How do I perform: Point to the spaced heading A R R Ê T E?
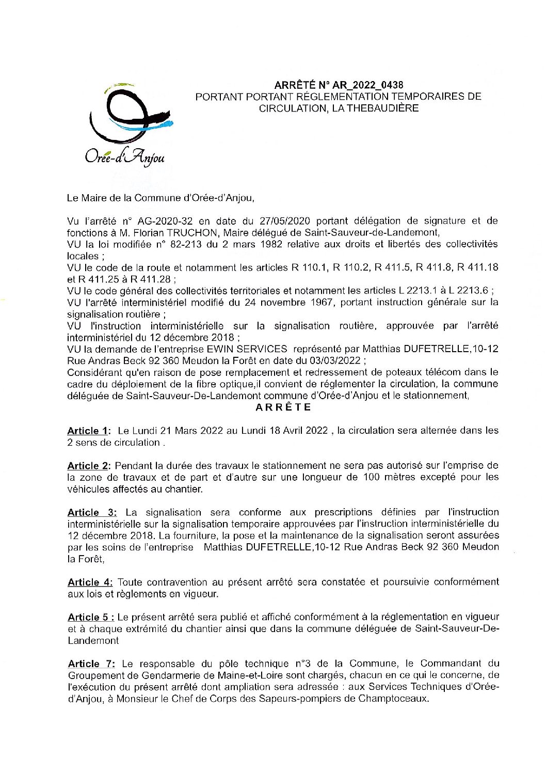(283, 407)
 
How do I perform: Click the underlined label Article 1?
(89, 431)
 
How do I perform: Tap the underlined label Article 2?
(89, 466)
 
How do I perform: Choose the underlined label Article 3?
(92, 512)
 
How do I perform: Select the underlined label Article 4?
(90, 582)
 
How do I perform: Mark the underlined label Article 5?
(91, 617)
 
